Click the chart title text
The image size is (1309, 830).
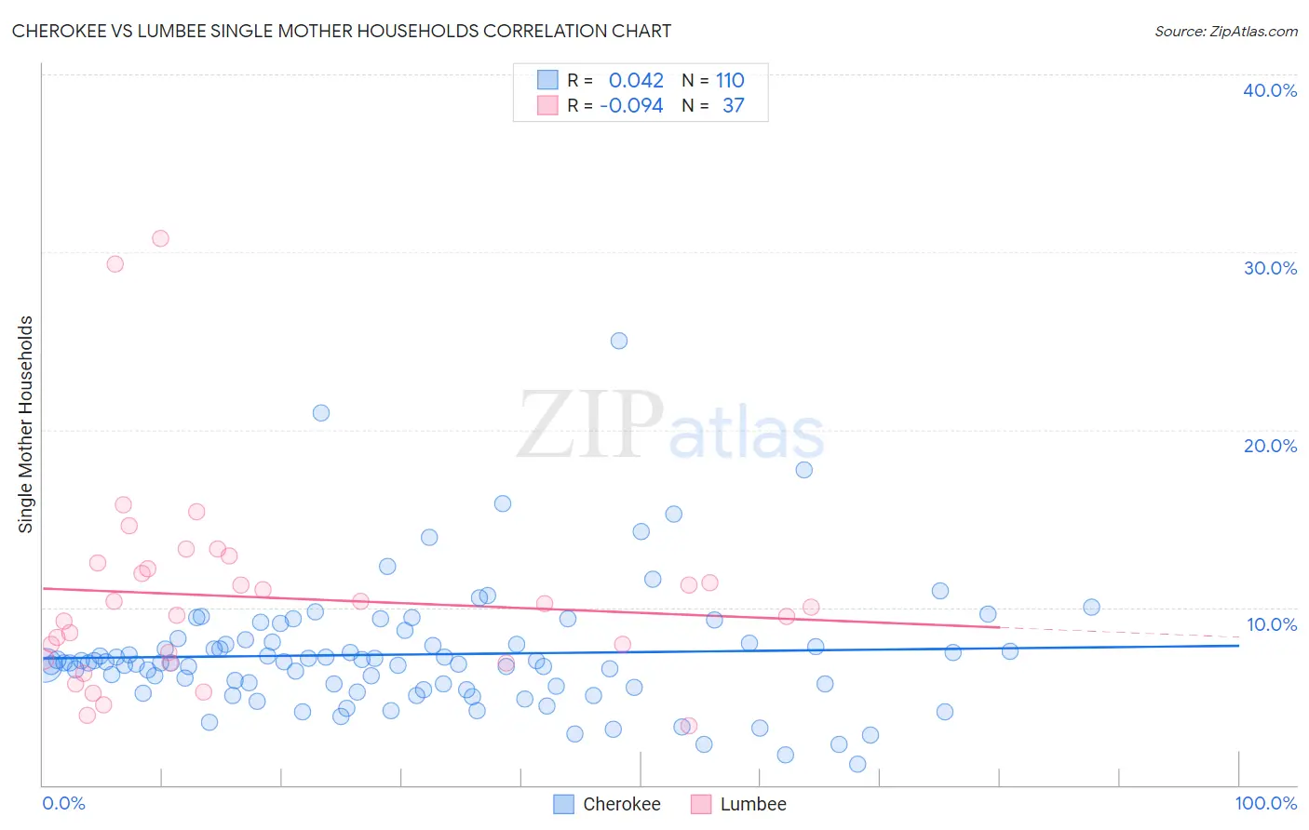341,31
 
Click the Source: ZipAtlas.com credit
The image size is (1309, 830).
1225,32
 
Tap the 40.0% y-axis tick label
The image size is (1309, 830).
1270,90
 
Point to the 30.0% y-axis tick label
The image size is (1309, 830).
1270,268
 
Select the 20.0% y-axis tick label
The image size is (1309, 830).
1270,446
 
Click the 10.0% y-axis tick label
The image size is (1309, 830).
1270,624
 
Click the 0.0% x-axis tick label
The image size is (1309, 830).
63,803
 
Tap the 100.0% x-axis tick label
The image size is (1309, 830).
1265,803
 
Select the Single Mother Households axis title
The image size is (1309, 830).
26,424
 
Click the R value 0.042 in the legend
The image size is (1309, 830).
636,80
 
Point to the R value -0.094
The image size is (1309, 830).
631,105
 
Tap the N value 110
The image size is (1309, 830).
730,80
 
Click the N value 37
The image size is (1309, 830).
733,105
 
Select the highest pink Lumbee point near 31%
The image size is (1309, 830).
160,238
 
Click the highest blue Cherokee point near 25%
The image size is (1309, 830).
619,341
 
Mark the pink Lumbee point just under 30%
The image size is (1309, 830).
115,263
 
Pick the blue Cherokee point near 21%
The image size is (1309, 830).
321,413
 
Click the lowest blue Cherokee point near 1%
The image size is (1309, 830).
857,764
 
